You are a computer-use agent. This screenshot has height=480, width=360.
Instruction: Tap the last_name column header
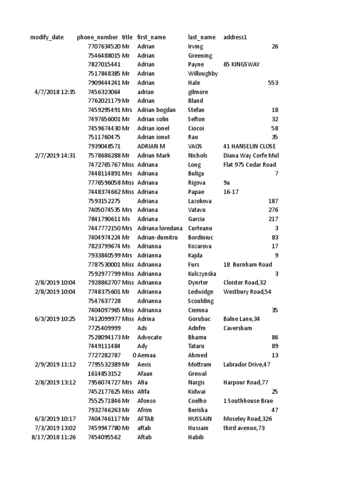pos(202,37)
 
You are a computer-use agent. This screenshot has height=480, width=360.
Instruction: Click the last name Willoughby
pos(202,74)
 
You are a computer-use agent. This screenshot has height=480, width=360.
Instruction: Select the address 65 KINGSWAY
pos(241,65)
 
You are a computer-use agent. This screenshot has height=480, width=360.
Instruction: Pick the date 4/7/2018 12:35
pos(55,92)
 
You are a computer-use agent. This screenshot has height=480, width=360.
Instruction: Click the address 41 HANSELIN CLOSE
pos(250,146)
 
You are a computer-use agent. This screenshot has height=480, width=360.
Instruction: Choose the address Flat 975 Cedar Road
pos(250,165)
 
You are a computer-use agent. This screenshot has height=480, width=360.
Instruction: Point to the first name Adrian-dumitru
pos(157,237)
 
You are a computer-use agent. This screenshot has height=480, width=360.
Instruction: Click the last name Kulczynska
pos(202,273)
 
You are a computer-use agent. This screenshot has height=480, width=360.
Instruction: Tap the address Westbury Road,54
pos(247,292)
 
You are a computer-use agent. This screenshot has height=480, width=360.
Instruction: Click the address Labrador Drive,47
pos(247,364)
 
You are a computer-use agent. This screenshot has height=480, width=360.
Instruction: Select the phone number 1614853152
pos(104,374)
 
